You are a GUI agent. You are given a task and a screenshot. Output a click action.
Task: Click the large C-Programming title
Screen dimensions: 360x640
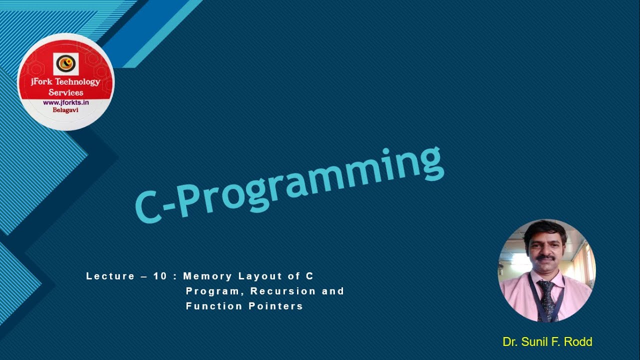pos(289,184)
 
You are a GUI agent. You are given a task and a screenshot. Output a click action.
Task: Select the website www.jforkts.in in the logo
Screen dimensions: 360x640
pos(65,102)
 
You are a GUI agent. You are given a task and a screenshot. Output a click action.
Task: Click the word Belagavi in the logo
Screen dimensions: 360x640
pos(65,110)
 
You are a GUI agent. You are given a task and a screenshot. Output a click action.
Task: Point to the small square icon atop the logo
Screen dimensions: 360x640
pos(65,64)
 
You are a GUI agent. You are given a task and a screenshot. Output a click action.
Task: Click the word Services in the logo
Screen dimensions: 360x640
pos(65,92)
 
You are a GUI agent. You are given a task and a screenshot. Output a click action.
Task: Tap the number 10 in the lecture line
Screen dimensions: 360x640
pos(160,276)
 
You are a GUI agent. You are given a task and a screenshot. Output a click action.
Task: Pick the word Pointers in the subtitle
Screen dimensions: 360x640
pos(276,306)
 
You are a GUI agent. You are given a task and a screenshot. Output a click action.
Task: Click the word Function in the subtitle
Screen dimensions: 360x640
pos(214,306)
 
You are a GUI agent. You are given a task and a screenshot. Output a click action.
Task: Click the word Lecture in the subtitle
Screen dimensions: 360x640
pos(110,276)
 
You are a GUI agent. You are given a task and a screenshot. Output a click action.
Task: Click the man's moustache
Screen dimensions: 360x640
pos(545,258)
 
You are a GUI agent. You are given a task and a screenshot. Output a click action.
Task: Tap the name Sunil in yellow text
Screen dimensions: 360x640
pos(536,342)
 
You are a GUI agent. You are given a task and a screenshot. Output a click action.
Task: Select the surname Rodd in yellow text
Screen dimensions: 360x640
pos(578,342)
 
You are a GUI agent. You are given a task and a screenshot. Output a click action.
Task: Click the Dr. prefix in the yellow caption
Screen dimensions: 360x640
pos(510,342)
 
